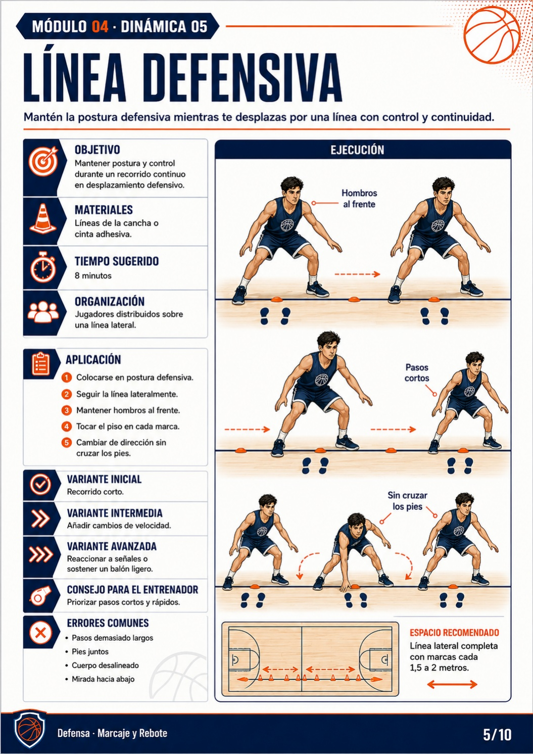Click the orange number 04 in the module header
(x=100, y=27)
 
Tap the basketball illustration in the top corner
(x=492, y=35)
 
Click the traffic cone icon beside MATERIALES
(x=43, y=218)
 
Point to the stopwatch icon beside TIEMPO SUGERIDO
(x=43, y=267)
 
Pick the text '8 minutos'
(x=93, y=276)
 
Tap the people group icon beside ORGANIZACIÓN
(x=43, y=311)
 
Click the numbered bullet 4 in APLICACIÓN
(x=67, y=427)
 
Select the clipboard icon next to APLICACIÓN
(x=41, y=364)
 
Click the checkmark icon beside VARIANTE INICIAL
(x=40, y=484)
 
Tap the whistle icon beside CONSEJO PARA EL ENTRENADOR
(x=40, y=595)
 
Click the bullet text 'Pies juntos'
(x=90, y=652)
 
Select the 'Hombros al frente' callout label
(x=359, y=199)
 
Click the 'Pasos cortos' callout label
(x=417, y=372)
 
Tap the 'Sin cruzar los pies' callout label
(x=407, y=501)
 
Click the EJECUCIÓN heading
(x=357, y=150)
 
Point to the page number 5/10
(x=497, y=735)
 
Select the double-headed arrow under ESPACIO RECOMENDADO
(x=452, y=684)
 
